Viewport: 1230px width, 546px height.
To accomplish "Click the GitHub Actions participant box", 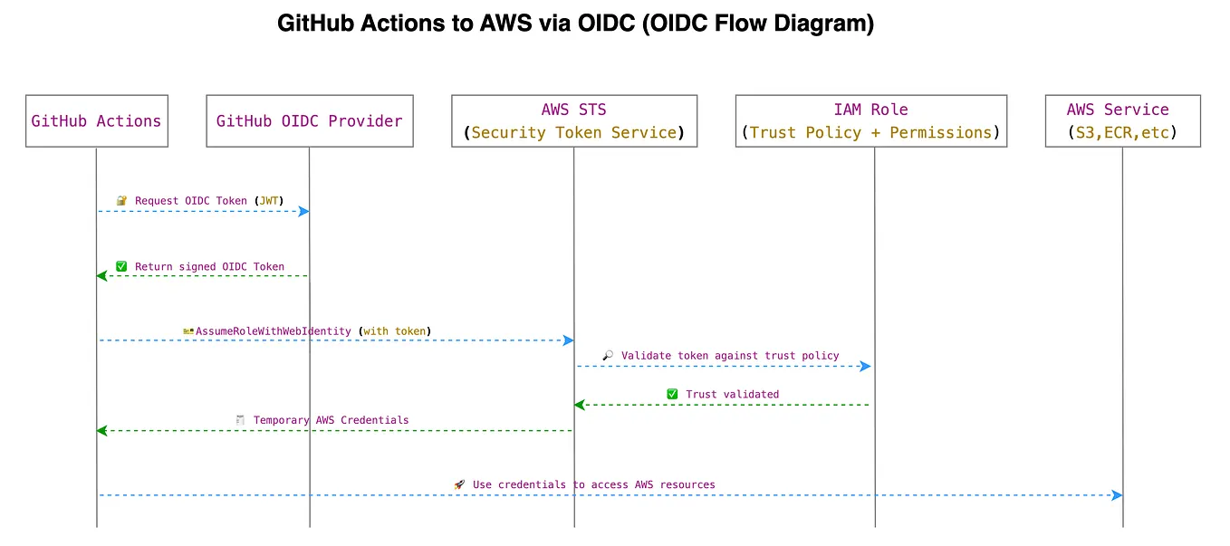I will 96,120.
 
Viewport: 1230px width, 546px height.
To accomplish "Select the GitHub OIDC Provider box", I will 310,120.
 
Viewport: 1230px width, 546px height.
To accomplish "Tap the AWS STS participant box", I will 574,120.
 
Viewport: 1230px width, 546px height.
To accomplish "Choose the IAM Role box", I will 870,120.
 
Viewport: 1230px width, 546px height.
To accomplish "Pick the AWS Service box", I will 1122,120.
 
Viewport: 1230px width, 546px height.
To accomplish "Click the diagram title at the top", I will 575,24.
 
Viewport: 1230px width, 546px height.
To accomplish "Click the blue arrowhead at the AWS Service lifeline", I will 1117,495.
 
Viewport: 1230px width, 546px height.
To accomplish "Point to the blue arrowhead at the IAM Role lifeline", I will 865,367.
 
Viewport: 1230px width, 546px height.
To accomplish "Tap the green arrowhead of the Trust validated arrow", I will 580,405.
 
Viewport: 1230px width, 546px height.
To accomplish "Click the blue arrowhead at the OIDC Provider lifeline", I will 304,211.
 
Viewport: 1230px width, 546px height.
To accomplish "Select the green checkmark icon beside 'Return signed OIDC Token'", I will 121,267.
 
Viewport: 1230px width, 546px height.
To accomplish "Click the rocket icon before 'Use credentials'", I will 459,485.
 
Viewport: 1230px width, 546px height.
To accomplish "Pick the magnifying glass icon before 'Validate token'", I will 608,356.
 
